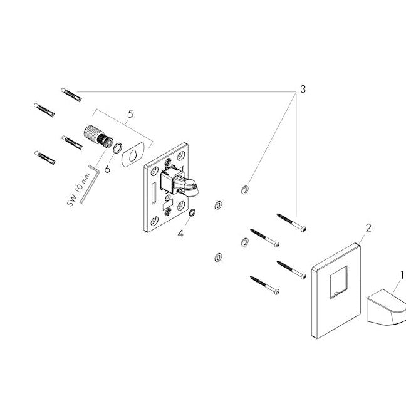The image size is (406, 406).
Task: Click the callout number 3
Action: (303, 90)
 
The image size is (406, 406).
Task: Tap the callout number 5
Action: (130, 114)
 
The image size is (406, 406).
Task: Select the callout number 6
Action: (107, 169)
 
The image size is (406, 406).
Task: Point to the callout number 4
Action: (180, 233)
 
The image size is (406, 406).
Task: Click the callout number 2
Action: (368, 228)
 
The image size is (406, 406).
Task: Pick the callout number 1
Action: (402, 275)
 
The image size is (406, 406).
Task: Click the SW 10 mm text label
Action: (79, 190)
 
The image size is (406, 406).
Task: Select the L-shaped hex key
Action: (90, 184)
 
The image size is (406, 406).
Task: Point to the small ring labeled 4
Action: (192, 212)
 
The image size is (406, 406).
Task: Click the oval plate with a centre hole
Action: (133, 155)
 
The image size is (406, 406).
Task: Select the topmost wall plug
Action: (71, 95)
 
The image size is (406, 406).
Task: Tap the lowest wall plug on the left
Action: (44, 158)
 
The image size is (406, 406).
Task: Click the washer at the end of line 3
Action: (245, 190)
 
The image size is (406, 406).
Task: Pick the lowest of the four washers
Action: (218, 258)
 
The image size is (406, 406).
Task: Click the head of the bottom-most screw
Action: (277, 292)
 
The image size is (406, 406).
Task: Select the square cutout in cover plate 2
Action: (339, 282)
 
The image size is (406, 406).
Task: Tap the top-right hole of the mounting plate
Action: (181, 155)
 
